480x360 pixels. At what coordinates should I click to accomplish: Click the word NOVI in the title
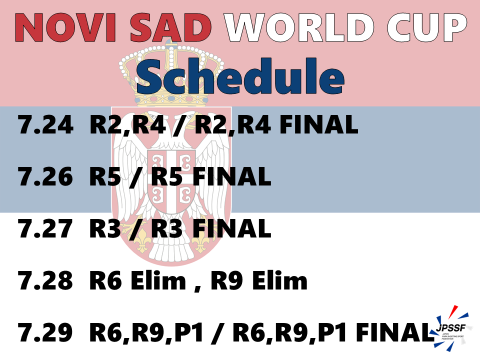(65, 27)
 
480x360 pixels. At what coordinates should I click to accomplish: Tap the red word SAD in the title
(171, 27)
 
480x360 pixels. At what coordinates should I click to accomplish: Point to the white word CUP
(427, 27)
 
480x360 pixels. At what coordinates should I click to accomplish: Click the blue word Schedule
(240, 76)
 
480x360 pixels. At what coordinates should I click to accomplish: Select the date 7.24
(46, 125)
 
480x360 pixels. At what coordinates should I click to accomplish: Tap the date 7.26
(46, 176)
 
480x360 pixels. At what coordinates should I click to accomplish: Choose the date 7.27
(46, 228)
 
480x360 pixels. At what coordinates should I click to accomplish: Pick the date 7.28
(46, 280)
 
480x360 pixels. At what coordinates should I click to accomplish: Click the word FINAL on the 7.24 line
(319, 125)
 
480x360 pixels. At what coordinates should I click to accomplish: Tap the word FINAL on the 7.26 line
(232, 176)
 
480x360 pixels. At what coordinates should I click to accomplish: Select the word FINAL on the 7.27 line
(232, 228)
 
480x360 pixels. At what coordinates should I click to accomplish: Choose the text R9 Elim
(259, 280)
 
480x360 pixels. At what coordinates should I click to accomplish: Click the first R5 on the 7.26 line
(105, 176)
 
